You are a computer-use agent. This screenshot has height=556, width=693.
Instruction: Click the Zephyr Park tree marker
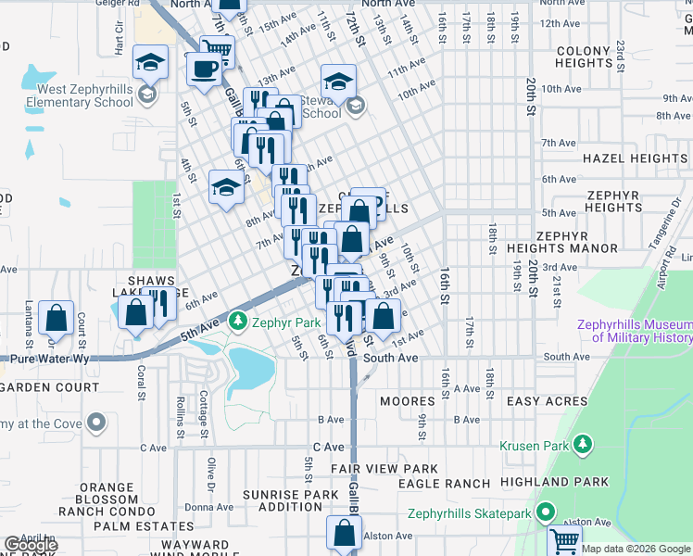coord(238,322)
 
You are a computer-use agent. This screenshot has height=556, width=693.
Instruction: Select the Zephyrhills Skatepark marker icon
coord(547,512)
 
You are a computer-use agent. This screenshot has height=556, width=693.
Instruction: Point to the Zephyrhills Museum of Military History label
coord(634,331)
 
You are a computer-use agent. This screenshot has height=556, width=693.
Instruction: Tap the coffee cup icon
coord(204,68)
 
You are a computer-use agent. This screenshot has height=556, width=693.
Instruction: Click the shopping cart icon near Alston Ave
coord(564,539)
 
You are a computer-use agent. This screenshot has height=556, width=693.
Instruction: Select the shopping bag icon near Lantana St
coord(57,318)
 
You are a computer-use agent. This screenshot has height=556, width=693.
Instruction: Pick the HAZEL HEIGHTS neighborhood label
coord(635,158)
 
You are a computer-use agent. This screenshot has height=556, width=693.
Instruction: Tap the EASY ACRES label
coord(547,401)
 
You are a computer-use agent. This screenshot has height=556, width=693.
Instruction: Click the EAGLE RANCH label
coord(444,484)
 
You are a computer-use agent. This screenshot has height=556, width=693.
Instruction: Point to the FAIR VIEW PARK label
coord(384,469)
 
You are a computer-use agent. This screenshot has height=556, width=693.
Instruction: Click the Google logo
coord(31,545)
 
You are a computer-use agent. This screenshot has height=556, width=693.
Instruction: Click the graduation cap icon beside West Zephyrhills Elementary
coord(150,63)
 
